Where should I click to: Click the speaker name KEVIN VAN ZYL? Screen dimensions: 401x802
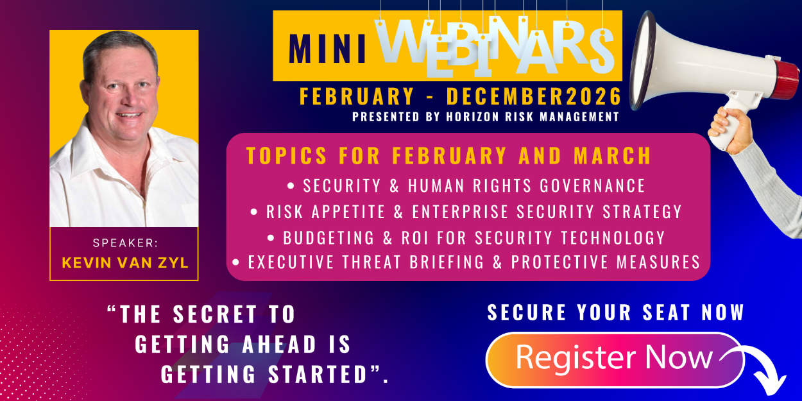coord(124,262)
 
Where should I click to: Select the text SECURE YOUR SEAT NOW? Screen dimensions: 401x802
coord(615,312)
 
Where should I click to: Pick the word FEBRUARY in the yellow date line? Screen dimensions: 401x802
coord(357,97)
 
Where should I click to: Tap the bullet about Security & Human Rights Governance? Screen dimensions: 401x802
coord(466,186)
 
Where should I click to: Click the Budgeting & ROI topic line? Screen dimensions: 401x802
coord(466,237)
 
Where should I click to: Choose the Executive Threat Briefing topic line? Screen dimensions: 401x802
coord(466,262)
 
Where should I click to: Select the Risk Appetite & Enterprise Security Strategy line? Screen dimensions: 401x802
coord(466,212)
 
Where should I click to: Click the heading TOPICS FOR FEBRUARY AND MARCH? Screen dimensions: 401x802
coord(448,156)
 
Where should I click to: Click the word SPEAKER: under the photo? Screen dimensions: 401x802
coord(124,243)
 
